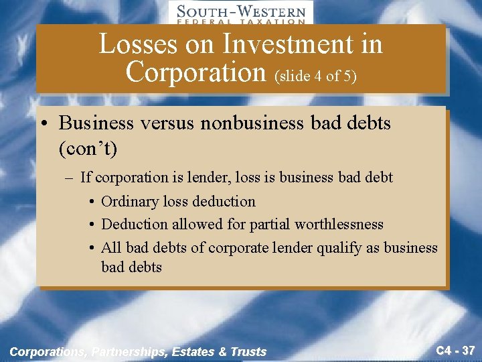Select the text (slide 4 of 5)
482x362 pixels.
tap(315, 76)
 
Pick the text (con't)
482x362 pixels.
tap(88, 148)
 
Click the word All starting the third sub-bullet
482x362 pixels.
tap(111, 247)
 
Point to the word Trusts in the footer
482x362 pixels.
tap(249, 351)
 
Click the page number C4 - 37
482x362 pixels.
tap(455, 349)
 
